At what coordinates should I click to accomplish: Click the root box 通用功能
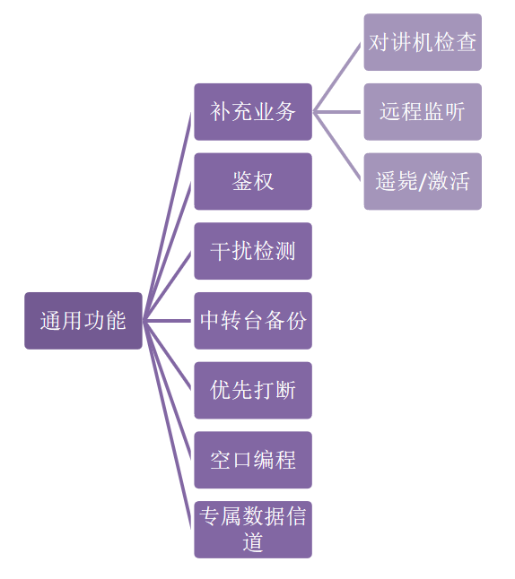83,321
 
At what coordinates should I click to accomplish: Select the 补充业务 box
253,111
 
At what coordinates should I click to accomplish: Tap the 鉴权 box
253,181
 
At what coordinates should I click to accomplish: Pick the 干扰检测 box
253,251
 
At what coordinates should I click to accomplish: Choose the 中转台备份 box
253,321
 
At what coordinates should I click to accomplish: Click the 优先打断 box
253,390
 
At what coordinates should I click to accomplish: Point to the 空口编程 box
253,460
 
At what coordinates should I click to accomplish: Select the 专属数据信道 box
253,530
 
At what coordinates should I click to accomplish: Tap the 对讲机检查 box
423,42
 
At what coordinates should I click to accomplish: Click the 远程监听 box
423,111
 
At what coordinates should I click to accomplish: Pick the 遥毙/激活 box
423,181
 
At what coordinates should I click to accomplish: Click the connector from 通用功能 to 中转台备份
167,321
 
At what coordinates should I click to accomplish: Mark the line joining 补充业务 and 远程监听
336,111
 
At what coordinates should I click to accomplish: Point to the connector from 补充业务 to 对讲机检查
336,77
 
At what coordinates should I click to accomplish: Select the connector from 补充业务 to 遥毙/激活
336,146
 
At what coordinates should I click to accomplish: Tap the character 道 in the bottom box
253,542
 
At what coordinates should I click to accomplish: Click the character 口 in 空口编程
242,461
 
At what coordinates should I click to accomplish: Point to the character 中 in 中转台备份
210,321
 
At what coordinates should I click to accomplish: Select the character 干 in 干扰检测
221,251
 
